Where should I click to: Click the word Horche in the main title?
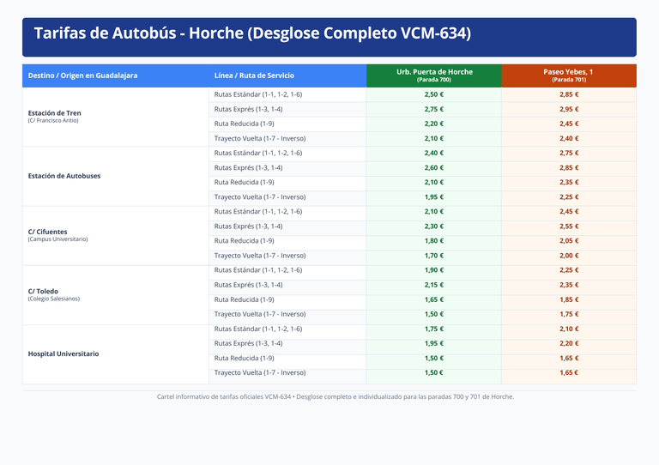point(215,33)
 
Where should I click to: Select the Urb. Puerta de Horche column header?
point(434,75)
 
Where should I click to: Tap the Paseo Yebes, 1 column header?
point(568,75)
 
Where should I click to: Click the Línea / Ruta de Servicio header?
point(254,75)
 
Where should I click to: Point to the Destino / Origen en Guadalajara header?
point(82,75)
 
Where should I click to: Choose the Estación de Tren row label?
point(55,113)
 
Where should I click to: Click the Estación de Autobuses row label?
point(64,176)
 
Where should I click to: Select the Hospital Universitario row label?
point(63,353)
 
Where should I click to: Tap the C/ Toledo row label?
point(43,291)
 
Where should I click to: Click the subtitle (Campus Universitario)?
point(58,239)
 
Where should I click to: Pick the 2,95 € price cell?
point(569,109)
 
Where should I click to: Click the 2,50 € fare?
point(433,94)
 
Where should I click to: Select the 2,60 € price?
point(433,167)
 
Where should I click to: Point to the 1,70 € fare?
point(433,256)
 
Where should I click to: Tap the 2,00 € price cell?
point(569,256)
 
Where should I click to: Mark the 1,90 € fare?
point(433,270)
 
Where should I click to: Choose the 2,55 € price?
point(569,226)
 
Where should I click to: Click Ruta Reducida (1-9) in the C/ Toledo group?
point(245,299)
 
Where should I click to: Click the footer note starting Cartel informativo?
point(336,396)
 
